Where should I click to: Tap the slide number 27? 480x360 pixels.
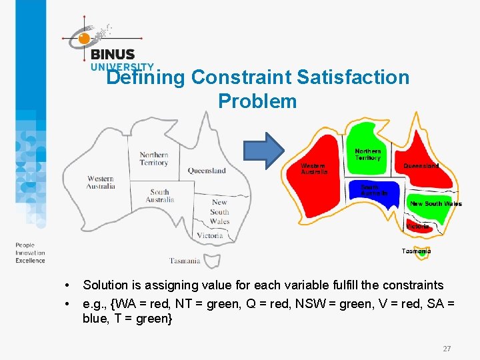pos(446,348)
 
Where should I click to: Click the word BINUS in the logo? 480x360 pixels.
pos(113,55)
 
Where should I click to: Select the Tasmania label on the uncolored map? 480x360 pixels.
pos(185,261)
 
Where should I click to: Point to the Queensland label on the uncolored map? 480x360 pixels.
pos(207,171)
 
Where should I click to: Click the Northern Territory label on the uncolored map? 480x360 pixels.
pos(153,159)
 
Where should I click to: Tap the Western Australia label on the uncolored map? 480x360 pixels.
pos(101,182)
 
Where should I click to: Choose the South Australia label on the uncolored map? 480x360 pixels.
pos(160,196)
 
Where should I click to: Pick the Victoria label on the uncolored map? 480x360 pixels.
pos(210,235)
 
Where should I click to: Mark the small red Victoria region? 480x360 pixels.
pos(415,225)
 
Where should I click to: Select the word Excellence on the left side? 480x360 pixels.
pos(31,261)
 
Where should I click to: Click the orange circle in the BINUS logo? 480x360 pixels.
pos(84,39)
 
